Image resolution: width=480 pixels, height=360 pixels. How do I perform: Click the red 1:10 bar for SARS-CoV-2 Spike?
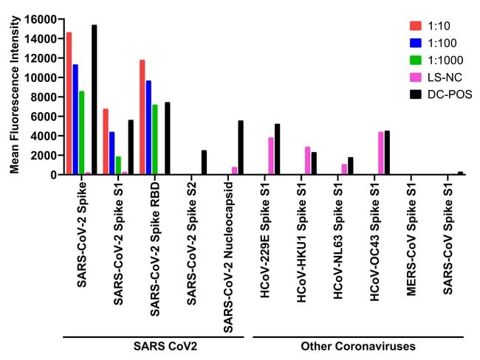(69, 103)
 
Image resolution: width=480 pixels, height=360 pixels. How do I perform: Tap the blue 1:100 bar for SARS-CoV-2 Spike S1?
(112, 153)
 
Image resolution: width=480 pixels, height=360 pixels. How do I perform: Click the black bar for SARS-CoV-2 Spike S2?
(204, 162)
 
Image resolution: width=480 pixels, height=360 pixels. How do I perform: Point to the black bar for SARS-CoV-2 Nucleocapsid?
(241, 148)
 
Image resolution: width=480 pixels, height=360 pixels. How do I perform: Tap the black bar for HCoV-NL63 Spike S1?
(351, 166)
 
